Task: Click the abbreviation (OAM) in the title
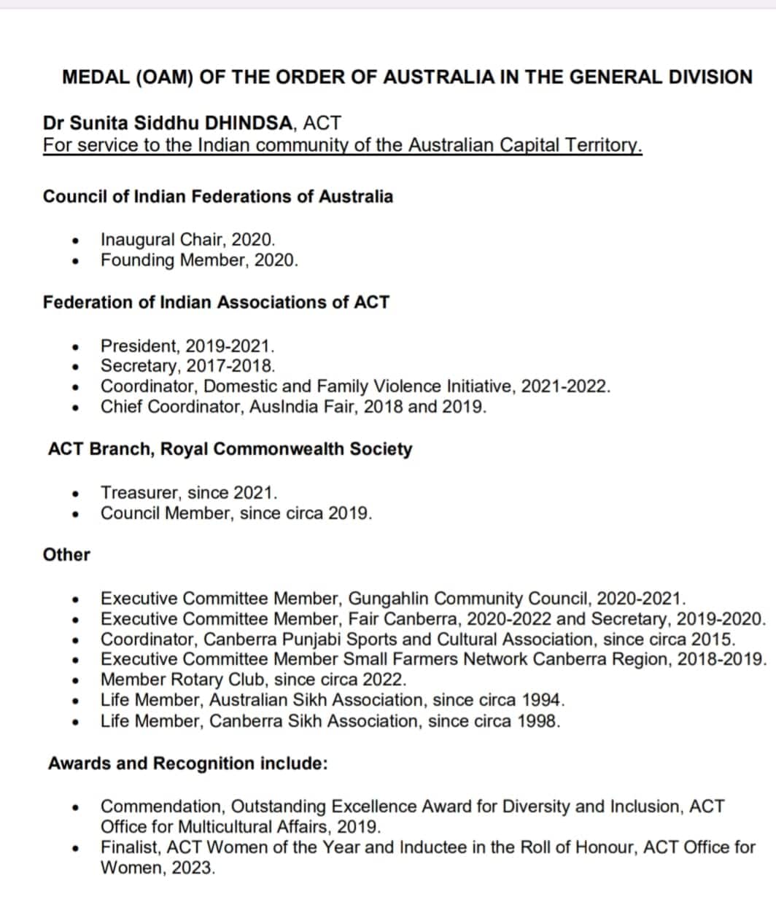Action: [164, 77]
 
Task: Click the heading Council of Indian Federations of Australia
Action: [217, 196]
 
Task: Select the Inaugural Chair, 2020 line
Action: [187, 239]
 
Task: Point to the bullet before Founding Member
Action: [75, 261]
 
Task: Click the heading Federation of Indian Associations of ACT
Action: [216, 302]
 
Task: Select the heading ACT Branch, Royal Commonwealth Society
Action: [230, 448]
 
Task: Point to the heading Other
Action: [66, 554]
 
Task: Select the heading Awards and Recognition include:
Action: [187, 763]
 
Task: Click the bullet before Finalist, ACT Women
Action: [75, 849]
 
